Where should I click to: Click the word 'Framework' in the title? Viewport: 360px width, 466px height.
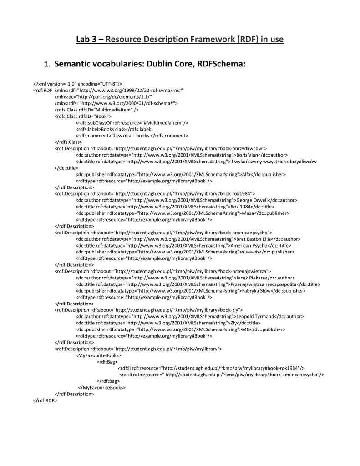pos(201,40)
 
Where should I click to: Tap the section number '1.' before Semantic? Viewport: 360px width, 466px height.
pos(46,65)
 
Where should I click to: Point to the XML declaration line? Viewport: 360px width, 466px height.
pos(77,84)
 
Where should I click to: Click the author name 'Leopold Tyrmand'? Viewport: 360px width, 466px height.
pos(254,316)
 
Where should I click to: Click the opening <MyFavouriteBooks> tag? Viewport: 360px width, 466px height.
pos(98,355)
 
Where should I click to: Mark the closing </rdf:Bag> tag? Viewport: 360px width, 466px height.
pos(108,381)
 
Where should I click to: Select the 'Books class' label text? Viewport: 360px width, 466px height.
pos(113,129)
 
